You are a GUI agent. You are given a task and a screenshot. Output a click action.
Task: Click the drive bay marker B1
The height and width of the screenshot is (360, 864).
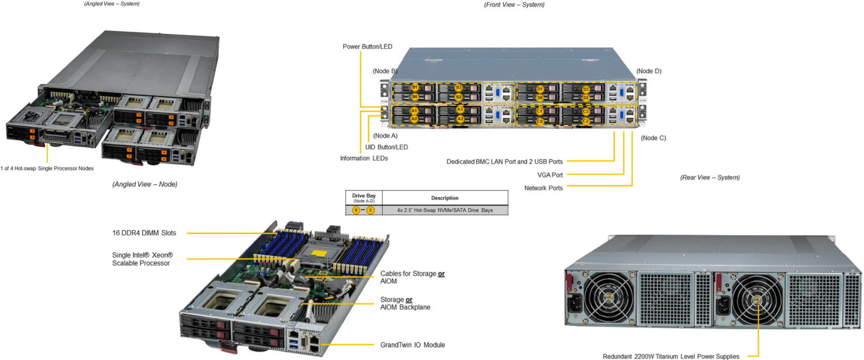pyautogui.click(x=415, y=87)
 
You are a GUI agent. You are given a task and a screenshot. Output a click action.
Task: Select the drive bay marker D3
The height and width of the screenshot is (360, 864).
pyautogui.click(x=586, y=89)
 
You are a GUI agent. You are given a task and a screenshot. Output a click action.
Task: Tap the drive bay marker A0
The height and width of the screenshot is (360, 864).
pyautogui.click(x=414, y=119)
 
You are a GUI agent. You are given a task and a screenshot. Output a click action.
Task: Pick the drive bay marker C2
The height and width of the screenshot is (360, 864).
pyautogui.click(x=586, y=121)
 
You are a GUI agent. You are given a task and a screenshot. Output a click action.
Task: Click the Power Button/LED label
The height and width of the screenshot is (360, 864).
pyautogui.click(x=367, y=46)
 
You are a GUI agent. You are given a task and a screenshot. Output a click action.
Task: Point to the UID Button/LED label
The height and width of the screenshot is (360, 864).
pyautogui.click(x=386, y=147)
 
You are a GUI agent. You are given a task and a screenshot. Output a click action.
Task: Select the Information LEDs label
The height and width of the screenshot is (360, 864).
pyautogui.click(x=364, y=158)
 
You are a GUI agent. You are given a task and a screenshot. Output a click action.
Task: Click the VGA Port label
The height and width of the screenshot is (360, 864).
pyautogui.click(x=550, y=175)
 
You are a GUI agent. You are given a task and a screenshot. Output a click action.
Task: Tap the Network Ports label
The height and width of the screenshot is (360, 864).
pyautogui.click(x=543, y=188)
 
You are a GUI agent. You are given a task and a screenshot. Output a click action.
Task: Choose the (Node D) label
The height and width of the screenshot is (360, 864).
pyautogui.click(x=649, y=71)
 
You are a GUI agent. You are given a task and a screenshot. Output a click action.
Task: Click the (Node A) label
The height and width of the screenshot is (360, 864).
pyautogui.click(x=385, y=135)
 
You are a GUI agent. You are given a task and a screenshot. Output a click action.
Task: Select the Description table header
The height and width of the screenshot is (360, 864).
pyautogui.click(x=445, y=198)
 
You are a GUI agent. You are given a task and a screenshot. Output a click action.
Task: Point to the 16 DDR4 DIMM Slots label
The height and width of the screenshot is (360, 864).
pyautogui.click(x=144, y=233)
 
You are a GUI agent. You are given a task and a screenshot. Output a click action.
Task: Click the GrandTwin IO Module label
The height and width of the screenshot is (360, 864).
pyautogui.click(x=413, y=345)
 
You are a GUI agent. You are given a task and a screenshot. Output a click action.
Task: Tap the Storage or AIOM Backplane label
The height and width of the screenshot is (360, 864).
pyautogui.click(x=405, y=303)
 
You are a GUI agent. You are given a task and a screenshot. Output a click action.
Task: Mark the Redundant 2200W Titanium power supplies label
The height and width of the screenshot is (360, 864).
pyautogui.click(x=671, y=357)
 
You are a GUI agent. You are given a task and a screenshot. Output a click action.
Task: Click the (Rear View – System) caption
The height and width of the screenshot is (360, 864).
pyautogui.click(x=710, y=177)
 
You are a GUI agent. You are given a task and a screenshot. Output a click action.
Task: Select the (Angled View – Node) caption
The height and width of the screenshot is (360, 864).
pyautogui.click(x=145, y=184)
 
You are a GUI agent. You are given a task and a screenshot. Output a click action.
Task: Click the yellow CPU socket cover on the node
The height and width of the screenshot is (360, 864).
pyautogui.click(x=319, y=253)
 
